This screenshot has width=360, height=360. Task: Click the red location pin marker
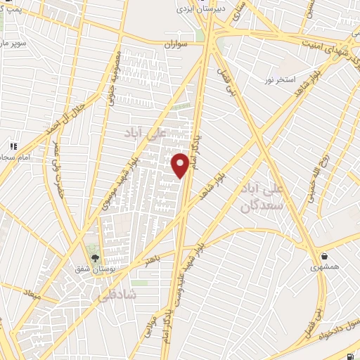[x=181, y=165]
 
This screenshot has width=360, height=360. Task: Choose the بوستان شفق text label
[x=94, y=268]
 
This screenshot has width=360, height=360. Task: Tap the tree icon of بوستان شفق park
[x=94, y=257]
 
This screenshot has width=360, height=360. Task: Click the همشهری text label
[x=324, y=267]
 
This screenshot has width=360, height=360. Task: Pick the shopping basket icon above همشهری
[x=324, y=256]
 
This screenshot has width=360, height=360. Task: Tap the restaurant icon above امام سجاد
[x=13, y=146]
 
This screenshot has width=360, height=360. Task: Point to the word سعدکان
[x=256, y=205]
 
